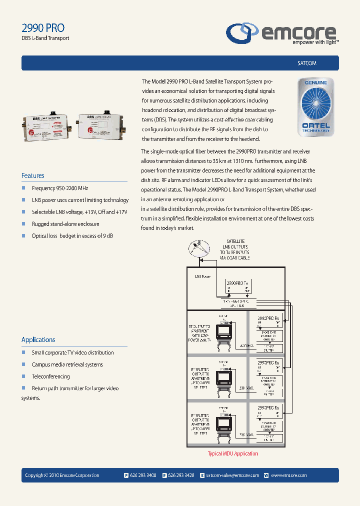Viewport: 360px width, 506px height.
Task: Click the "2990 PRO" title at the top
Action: pos(43,28)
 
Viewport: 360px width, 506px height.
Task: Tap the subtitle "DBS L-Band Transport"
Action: pos(45,38)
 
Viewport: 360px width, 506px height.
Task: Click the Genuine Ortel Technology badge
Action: pos(313,106)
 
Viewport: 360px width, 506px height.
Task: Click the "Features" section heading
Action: pos(33,175)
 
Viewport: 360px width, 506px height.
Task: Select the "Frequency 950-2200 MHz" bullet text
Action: pos(60,188)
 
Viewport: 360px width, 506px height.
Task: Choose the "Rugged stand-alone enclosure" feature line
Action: pos(65,224)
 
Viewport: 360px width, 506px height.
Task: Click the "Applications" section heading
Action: pos(38,339)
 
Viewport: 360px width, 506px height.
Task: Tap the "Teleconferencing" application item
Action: pos(50,376)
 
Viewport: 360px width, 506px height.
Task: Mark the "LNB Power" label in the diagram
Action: pos(202,275)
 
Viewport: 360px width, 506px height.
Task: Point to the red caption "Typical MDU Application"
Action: pos(233,453)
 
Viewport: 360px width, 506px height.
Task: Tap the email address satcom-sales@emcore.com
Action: pos(232,475)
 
